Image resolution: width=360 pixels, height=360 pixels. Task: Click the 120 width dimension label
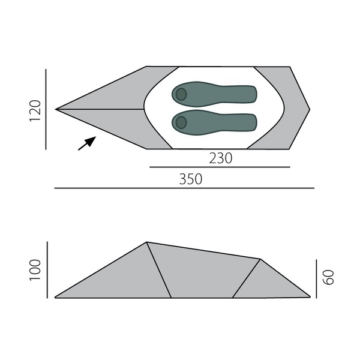(x=35, y=110)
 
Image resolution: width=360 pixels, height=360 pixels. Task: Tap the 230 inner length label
(x=221, y=158)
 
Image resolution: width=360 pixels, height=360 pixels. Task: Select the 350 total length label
(x=191, y=179)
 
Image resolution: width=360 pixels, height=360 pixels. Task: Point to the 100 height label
(x=35, y=270)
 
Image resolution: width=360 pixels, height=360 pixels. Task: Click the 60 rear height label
(x=328, y=278)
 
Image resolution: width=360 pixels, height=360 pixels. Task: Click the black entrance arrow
(x=87, y=143)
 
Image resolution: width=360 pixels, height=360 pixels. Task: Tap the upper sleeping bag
(x=214, y=94)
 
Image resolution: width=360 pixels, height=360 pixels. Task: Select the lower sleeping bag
(x=214, y=122)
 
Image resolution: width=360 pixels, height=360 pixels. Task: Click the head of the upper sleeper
(x=181, y=94)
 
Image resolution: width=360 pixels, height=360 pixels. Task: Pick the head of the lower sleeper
(x=181, y=122)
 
